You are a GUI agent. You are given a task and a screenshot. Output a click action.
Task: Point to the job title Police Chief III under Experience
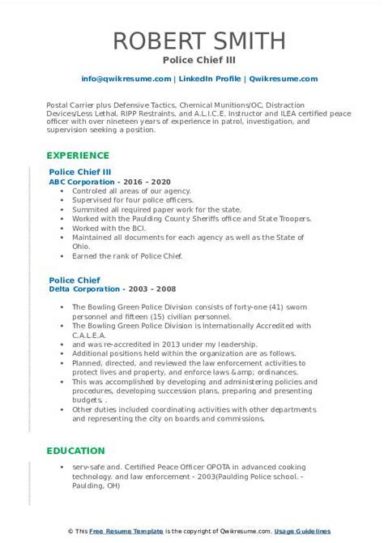click(80, 173)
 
